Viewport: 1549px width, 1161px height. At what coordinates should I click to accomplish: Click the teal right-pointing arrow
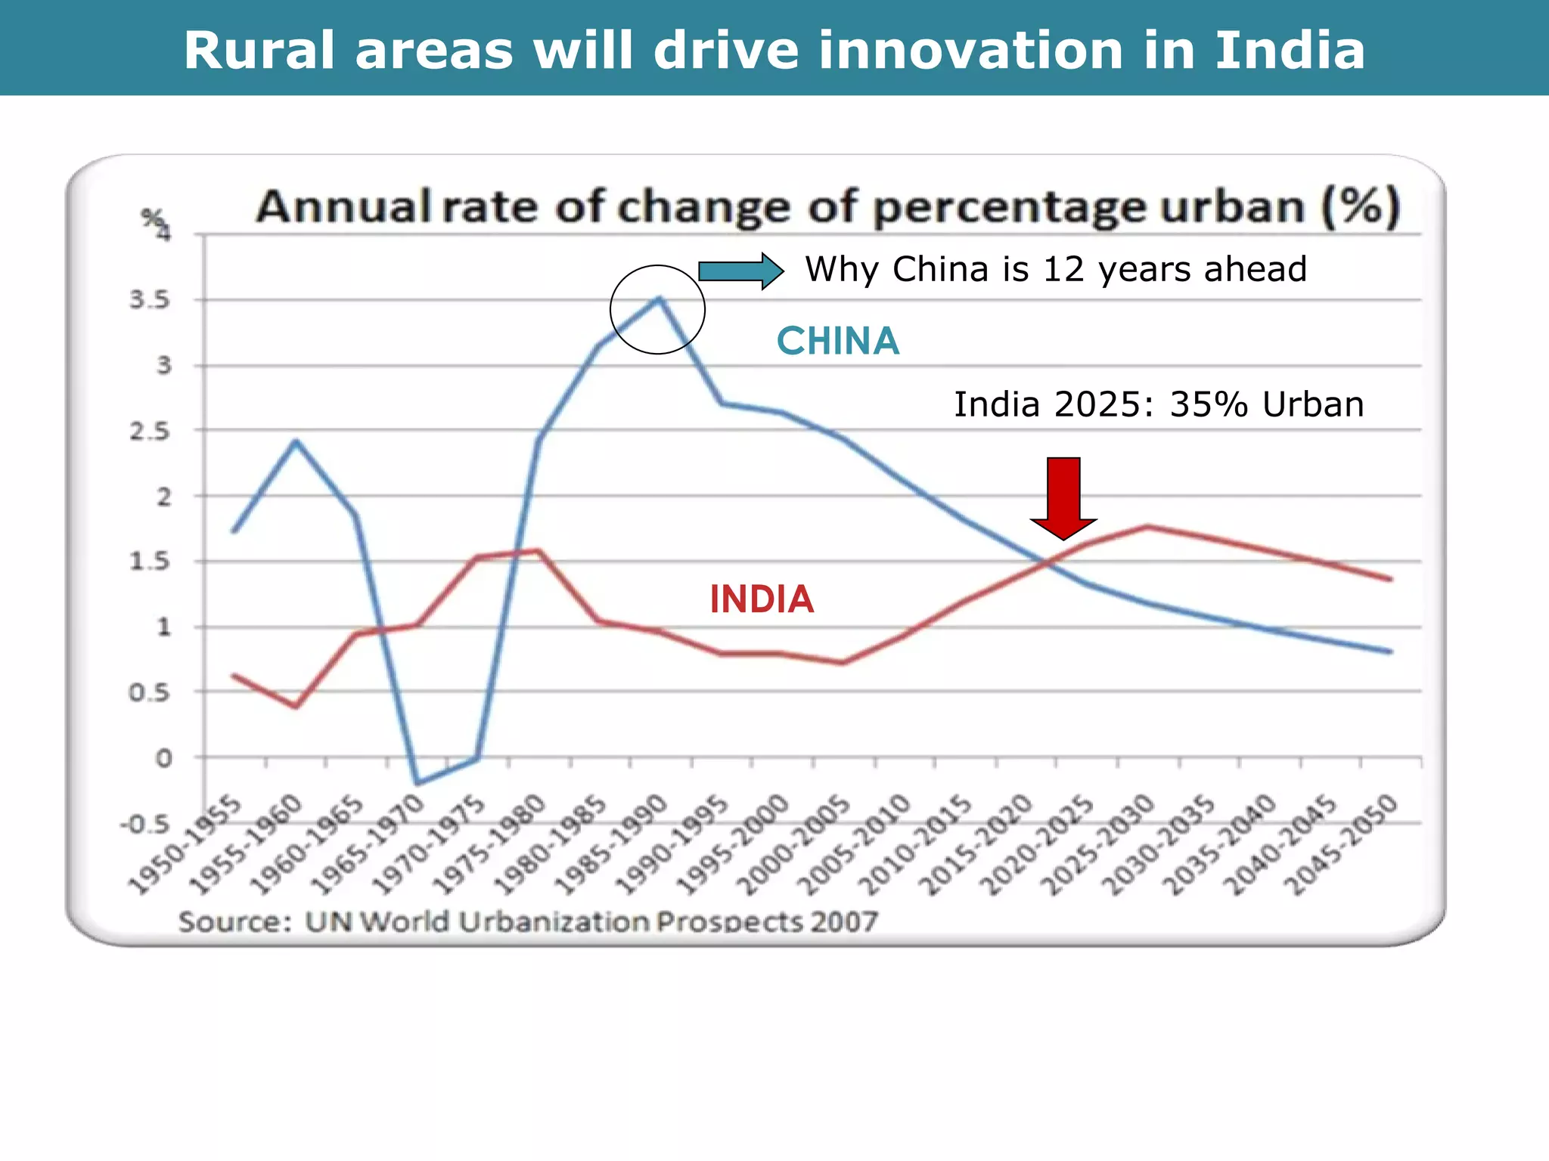(x=740, y=271)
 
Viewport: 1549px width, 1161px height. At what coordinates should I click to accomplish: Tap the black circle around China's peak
(x=657, y=309)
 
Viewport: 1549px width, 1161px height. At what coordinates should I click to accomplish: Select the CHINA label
(x=837, y=341)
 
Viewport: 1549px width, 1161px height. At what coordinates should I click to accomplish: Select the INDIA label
(x=761, y=599)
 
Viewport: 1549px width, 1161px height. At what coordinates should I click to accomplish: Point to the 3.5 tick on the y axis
(x=150, y=300)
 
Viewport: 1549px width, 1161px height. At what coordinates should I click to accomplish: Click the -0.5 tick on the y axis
(x=145, y=824)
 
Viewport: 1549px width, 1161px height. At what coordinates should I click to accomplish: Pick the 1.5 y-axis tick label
(x=150, y=562)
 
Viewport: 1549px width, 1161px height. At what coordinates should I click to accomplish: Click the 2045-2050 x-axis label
(x=1342, y=845)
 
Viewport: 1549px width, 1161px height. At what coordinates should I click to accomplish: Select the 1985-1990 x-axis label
(x=611, y=845)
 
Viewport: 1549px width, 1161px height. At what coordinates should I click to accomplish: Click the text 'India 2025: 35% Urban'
(x=1159, y=404)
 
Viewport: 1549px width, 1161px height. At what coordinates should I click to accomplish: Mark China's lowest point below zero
(x=417, y=783)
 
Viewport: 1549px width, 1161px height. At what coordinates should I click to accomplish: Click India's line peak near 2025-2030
(x=1147, y=526)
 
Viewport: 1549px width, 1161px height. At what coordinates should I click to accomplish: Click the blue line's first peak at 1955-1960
(x=296, y=441)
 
